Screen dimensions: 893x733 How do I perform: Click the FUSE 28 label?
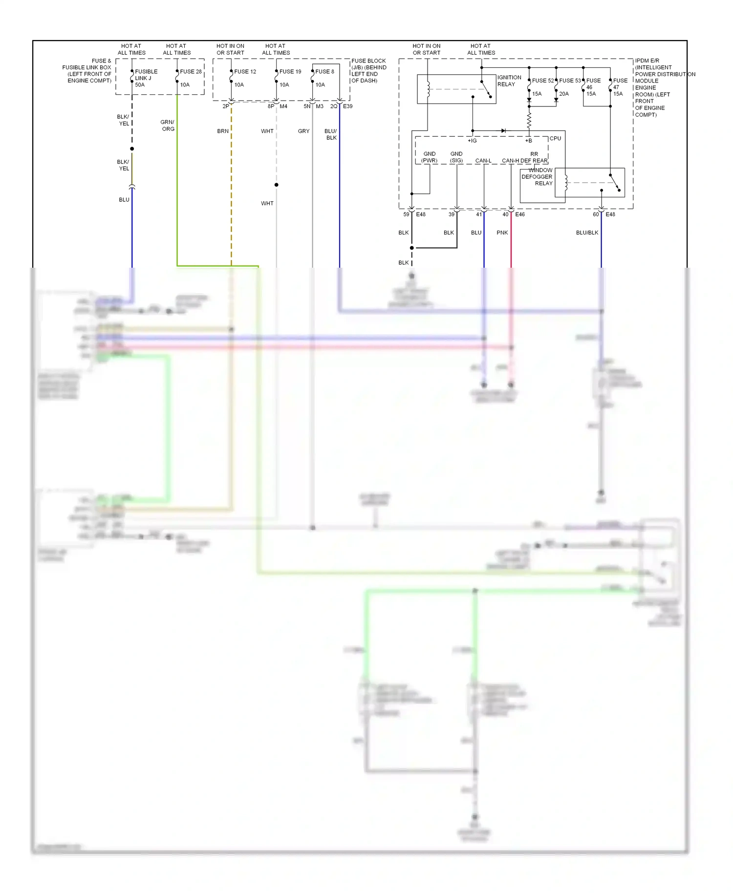[x=191, y=71]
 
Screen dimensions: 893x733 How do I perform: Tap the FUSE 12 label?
[x=245, y=71]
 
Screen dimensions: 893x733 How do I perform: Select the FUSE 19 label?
[x=290, y=71]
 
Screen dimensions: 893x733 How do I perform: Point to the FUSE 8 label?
[x=324, y=71]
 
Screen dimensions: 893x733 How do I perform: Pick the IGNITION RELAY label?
[x=509, y=81]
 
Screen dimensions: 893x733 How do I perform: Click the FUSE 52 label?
[x=542, y=81]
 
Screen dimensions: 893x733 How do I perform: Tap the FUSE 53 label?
[x=570, y=81]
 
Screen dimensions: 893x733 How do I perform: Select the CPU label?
[x=555, y=138]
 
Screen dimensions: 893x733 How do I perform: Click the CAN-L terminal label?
[x=483, y=160]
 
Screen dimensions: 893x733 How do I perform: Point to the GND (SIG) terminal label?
[x=456, y=157]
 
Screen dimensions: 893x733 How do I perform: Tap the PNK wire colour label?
[x=502, y=233]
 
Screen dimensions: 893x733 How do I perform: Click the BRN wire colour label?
[x=223, y=131]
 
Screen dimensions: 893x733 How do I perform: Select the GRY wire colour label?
[x=303, y=131]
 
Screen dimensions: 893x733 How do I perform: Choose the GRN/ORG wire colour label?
[x=168, y=126]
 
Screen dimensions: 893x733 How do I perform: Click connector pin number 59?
[x=406, y=214]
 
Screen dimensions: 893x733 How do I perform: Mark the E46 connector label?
[x=520, y=214]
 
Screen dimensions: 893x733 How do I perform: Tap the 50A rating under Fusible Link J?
[x=140, y=85]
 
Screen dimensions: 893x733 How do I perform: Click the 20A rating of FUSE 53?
[x=564, y=94]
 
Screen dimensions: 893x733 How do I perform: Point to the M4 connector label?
[x=283, y=106]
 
